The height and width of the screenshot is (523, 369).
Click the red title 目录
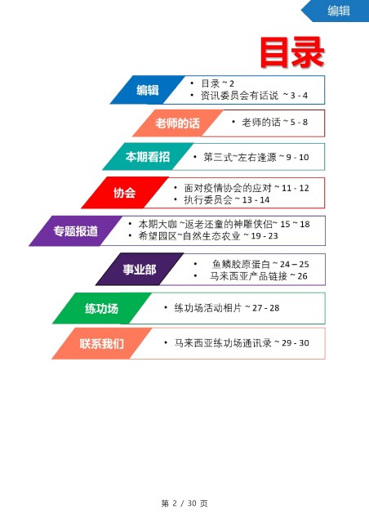(x=292, y=52)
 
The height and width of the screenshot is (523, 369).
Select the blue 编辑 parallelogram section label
(x=147, y=90)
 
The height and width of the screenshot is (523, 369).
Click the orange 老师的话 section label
(x=177, y=123)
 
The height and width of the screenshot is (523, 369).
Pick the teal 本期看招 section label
(x=148, y=157)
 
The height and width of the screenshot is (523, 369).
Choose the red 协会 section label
(x=124, y=193)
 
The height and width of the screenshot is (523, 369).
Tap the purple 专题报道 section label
(x=76, y=230)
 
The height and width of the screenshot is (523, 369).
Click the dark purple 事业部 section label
(x=140, y=269)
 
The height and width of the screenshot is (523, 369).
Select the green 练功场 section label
(x=102, y=308)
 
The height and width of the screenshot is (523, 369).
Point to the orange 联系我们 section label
(x=102, y=343)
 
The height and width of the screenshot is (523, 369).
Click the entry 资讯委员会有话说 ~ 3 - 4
(x=254, y=96)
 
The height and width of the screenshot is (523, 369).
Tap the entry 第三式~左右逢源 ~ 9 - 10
(x=256, y=157)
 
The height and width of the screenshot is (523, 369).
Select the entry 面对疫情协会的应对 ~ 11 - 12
(x=247, y=188)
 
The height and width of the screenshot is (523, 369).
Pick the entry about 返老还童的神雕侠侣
(x=224, y=224)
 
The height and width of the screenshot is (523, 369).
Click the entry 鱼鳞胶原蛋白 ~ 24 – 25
(x=260, y=264)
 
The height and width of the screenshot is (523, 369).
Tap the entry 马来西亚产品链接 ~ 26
(x=258, y=276)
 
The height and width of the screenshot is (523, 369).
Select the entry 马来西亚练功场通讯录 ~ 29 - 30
(x=242, y=343)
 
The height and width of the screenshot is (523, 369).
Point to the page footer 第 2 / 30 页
(x=184, y=503)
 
